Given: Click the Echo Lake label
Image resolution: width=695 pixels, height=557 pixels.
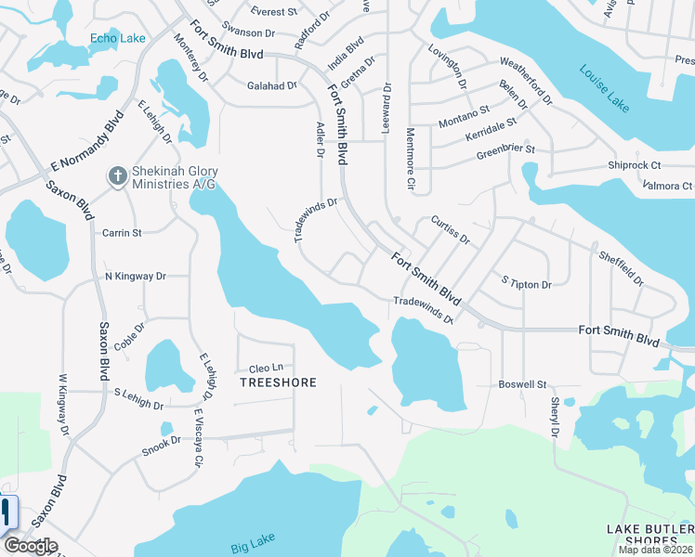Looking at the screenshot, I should point(117,38).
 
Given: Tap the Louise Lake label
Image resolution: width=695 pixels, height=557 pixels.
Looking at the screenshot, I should point(605,88).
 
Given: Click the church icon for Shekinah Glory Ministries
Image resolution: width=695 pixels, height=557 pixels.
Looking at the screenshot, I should point(117,175).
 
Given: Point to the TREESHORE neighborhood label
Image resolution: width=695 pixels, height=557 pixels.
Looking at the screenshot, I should point(279,382).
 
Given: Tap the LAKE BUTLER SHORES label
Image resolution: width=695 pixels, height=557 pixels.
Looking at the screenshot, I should point(649,535).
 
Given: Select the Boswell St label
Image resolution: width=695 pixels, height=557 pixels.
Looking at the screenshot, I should point(523,382).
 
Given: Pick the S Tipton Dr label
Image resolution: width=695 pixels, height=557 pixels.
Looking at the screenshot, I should point(526,283).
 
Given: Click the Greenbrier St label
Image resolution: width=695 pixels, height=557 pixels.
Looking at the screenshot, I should point(505,149).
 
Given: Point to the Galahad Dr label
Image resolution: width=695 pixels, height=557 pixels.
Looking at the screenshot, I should point(271,85).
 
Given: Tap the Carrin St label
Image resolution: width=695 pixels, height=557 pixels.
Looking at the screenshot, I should point(122,232).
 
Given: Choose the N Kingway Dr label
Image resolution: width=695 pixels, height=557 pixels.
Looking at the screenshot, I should point(135,276).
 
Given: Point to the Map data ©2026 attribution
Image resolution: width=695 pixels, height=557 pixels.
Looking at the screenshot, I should point(655,550).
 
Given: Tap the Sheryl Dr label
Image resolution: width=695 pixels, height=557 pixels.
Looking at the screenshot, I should point(555,418).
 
